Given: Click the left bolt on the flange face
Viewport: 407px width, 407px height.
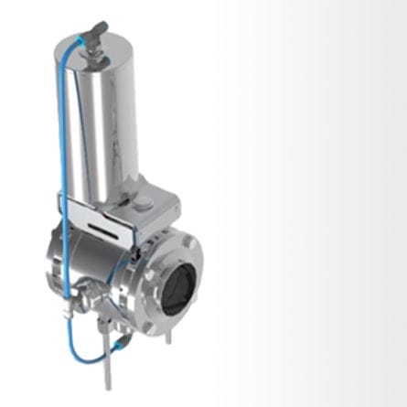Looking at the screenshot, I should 149,274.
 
